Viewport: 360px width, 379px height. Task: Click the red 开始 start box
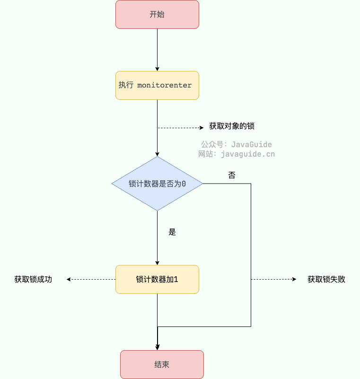157,14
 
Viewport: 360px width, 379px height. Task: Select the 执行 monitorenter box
157,85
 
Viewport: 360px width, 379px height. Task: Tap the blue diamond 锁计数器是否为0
157,184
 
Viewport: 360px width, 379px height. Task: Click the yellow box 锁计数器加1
157,279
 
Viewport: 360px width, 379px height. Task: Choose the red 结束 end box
162,364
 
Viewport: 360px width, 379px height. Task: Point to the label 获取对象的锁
228,126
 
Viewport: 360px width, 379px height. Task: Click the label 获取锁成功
33,279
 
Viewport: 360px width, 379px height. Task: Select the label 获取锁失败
326,279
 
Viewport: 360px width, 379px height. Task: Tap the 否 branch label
232,175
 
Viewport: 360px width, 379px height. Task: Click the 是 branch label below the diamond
172,232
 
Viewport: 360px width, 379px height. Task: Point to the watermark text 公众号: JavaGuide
237,144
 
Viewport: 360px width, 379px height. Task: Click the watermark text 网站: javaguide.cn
237,154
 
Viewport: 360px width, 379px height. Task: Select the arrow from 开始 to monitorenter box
157,50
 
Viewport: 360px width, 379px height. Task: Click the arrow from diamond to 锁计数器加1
157,237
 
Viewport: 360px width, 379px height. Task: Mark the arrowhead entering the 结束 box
158,347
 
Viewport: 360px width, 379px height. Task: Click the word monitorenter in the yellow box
164,85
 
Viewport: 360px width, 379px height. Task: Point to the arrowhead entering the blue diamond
157,153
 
